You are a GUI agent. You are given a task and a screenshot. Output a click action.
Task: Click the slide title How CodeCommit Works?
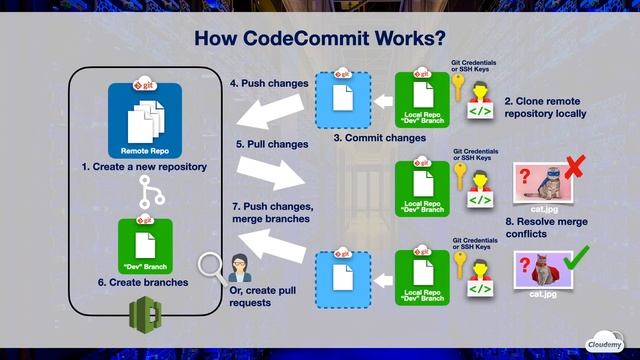point(319,39)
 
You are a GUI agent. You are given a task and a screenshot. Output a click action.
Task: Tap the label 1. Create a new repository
point(144,167)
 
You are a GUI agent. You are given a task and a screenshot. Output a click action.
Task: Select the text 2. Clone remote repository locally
point(545,108)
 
